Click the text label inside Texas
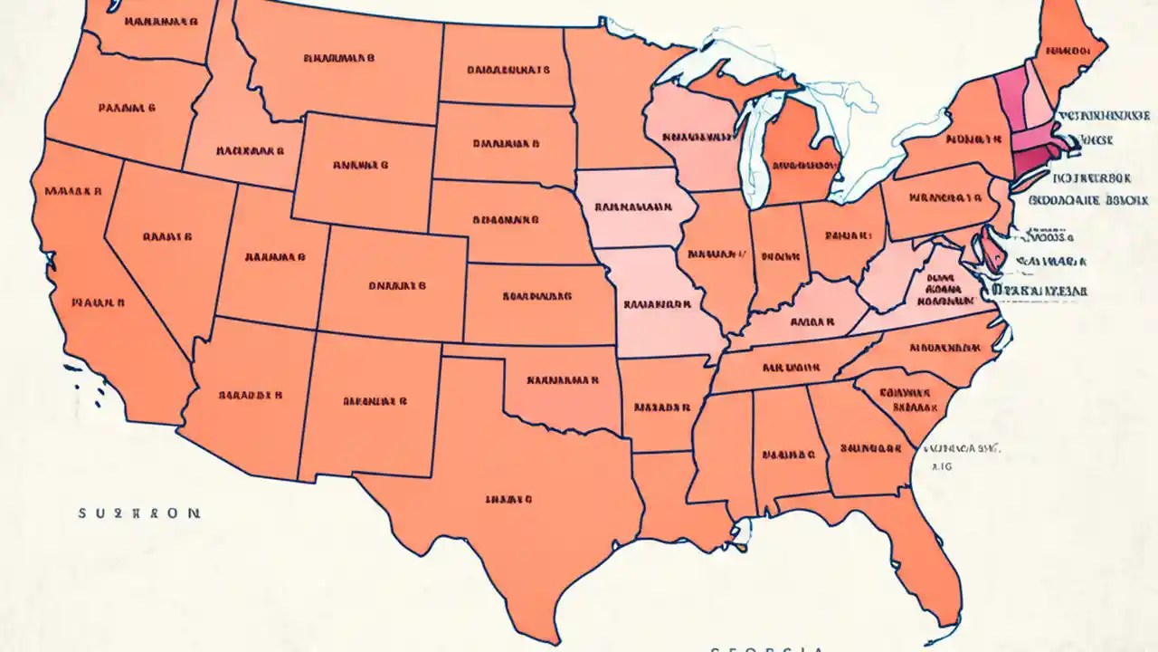pyautogui.click(x=508, y=498)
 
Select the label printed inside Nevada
pyautogui.click(x=167, y=237)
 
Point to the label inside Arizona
pyautogui.click(x=251, y=396)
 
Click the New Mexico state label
pyautogui.click(x=375, y=400)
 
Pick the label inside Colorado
pyautogui.click(x=397, y=285)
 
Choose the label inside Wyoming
pyautogui.click(x=360, y=166)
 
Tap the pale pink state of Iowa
pyautogui.click(x=633, y=207)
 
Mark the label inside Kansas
pyautogui.click(x=536, y=295)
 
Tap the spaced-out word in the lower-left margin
pyautogui.click(x=139, y=513)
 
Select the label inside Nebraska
pyautogui.click(x=506, y=220)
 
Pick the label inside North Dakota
pyautogui.click(x=508, y=69)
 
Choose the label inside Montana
pyautogui.click(x=339, y=58)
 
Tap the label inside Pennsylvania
pyautogui.click(x=946, y=197)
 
